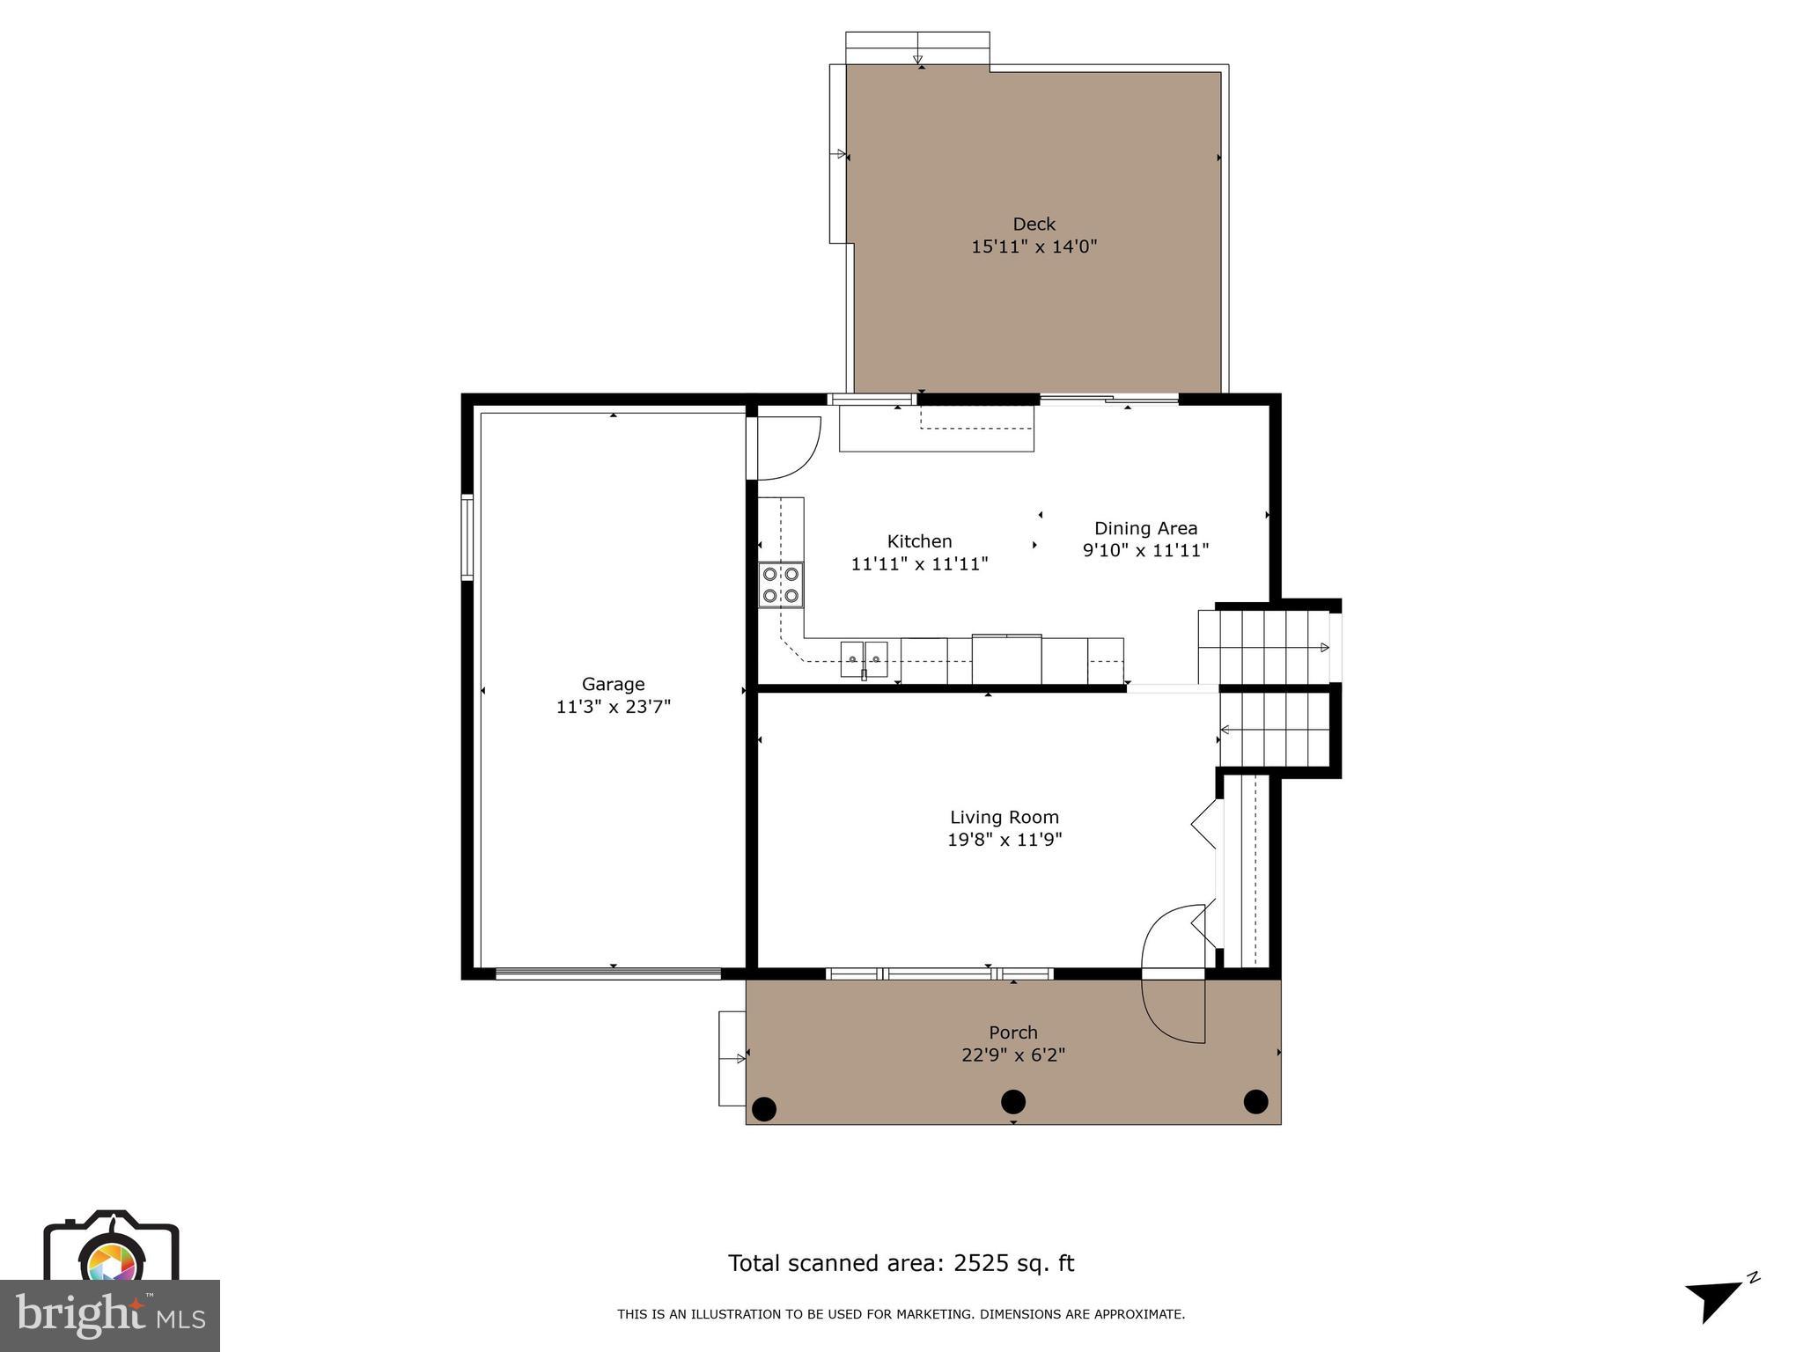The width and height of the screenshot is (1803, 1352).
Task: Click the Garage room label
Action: coord(613,684)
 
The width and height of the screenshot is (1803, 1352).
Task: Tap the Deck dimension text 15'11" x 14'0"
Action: coord(1034,246)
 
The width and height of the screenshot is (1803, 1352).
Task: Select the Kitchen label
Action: coord(919,541)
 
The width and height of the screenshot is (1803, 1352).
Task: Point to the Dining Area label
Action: coord(1145,528)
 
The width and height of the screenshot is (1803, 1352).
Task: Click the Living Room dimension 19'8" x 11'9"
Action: coord(1005,840)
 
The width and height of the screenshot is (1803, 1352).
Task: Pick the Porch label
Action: coord(1012,1032)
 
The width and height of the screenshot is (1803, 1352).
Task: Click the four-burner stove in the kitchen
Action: coord(781,584)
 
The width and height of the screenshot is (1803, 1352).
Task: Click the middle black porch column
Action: coord(1013,1101)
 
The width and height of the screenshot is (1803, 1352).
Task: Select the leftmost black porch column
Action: coord(764,1108)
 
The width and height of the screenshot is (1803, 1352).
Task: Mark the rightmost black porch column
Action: coord(1255,1101)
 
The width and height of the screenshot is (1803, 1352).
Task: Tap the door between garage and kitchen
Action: coord(786,449)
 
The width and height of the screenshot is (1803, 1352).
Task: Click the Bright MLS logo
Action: coord(110,1316)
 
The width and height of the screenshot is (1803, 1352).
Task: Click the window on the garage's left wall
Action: coord(467,537)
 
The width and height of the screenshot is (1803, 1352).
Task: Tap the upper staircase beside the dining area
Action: coord(1263,647)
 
